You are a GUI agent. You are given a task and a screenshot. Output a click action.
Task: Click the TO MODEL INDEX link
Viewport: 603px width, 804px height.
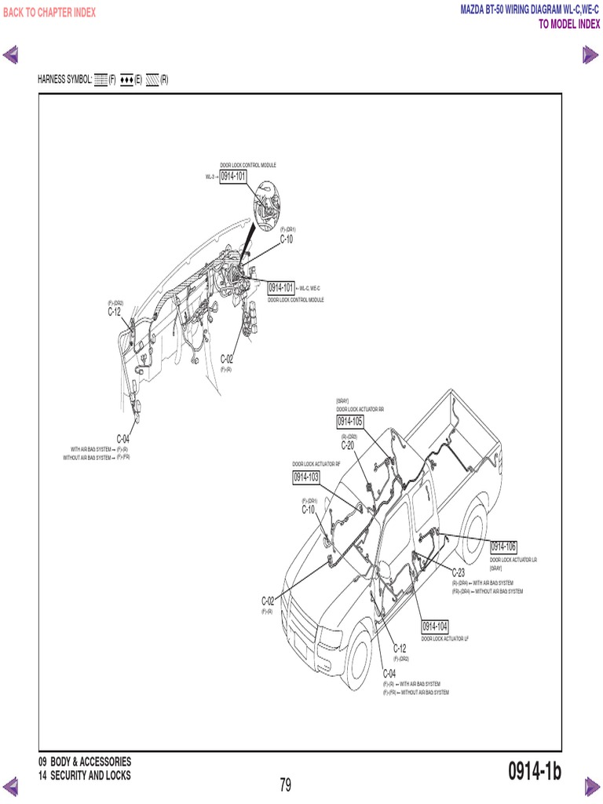tap(568, 24)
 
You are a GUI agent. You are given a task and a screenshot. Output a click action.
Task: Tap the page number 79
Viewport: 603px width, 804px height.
tap(285, 784)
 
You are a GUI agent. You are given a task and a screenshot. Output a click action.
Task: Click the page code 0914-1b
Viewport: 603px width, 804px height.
tap(534, 772)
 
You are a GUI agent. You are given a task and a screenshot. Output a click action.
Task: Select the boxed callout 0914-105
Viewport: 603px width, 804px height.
tap(350, 422)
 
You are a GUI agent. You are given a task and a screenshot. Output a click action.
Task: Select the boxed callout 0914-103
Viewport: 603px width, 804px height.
tap(306, 477)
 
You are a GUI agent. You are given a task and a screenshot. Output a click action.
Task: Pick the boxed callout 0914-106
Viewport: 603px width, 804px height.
tap(503, 546)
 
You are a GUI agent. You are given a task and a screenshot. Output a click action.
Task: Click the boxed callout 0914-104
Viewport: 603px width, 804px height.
tap(434, 626)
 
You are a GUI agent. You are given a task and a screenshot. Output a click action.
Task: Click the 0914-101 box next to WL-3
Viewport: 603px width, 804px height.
tap(233, 177)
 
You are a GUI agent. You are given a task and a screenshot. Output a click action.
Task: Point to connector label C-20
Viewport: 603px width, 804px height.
tap(348, 445)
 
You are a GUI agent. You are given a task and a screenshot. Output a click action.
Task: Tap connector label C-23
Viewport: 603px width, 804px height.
tap(459, 573)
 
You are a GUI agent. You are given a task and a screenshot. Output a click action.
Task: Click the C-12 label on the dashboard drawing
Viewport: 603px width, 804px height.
tap(115, 312)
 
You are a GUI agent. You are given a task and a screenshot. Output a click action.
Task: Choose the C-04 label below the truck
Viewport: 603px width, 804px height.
tap(389, 674)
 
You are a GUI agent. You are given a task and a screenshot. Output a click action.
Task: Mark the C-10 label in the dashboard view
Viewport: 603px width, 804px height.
tap(287, 239)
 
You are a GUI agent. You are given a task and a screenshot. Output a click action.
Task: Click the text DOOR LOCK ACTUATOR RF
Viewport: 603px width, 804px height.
tap(316, 464)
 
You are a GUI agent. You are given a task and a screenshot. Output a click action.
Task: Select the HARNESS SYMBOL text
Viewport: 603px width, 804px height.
tap(65, 79)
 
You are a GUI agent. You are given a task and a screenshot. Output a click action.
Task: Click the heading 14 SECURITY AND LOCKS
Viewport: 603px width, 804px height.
tap(85, 776)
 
